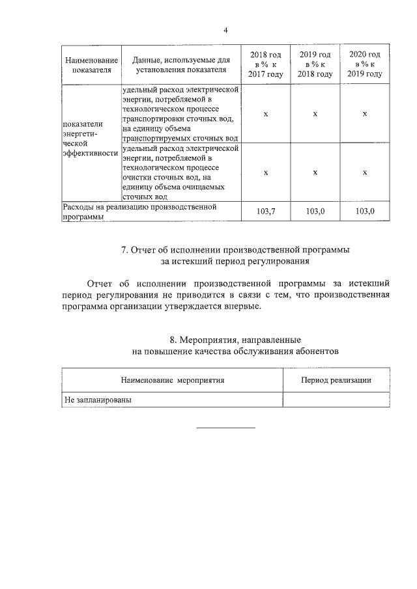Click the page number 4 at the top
pos(225,31)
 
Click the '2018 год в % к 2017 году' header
pos(265,64)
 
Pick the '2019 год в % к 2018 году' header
pos(315,64)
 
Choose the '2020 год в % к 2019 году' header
pos(365,64)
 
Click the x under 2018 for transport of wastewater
pos(265,114)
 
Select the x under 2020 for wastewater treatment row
pos(365,172)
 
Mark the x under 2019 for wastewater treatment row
pos(315,172)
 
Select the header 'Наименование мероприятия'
pos(172,380)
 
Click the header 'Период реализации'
pos(336,380)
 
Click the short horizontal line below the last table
pos(226,427)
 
